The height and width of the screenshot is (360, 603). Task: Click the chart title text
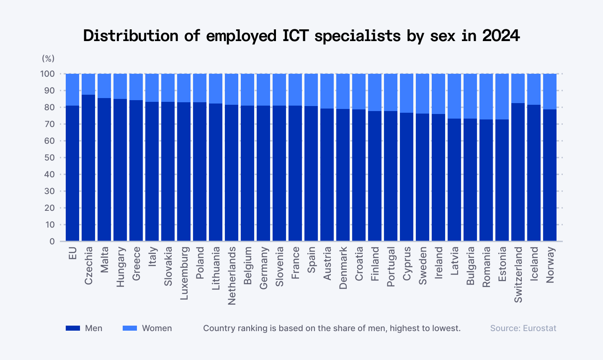[x=301, y=36]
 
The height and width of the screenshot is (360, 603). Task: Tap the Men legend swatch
[x=72, y=328]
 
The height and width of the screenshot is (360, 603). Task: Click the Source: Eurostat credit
[x=523, y=328]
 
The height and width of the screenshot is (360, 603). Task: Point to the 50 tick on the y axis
[x=49, y=158]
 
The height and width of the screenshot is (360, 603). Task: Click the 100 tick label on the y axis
[x=48, y=74]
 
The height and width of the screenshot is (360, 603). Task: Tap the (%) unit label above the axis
[x=48, y=58]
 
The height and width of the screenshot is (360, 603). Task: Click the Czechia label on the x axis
[x=88, y=266]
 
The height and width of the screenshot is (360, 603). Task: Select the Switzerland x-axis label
[x=518, y=275]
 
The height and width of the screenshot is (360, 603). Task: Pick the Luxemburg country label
[x=184, y=273]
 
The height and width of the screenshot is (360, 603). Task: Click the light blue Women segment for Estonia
[x=502, y=96]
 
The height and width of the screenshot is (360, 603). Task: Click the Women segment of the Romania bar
[x=486, y=96]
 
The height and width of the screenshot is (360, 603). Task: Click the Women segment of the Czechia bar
[x=88, y=84]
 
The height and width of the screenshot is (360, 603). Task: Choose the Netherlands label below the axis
[x=232, y=275]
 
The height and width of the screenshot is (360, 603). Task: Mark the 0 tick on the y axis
[x=52, y=241]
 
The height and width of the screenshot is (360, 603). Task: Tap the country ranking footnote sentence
[x=332, y=328]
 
